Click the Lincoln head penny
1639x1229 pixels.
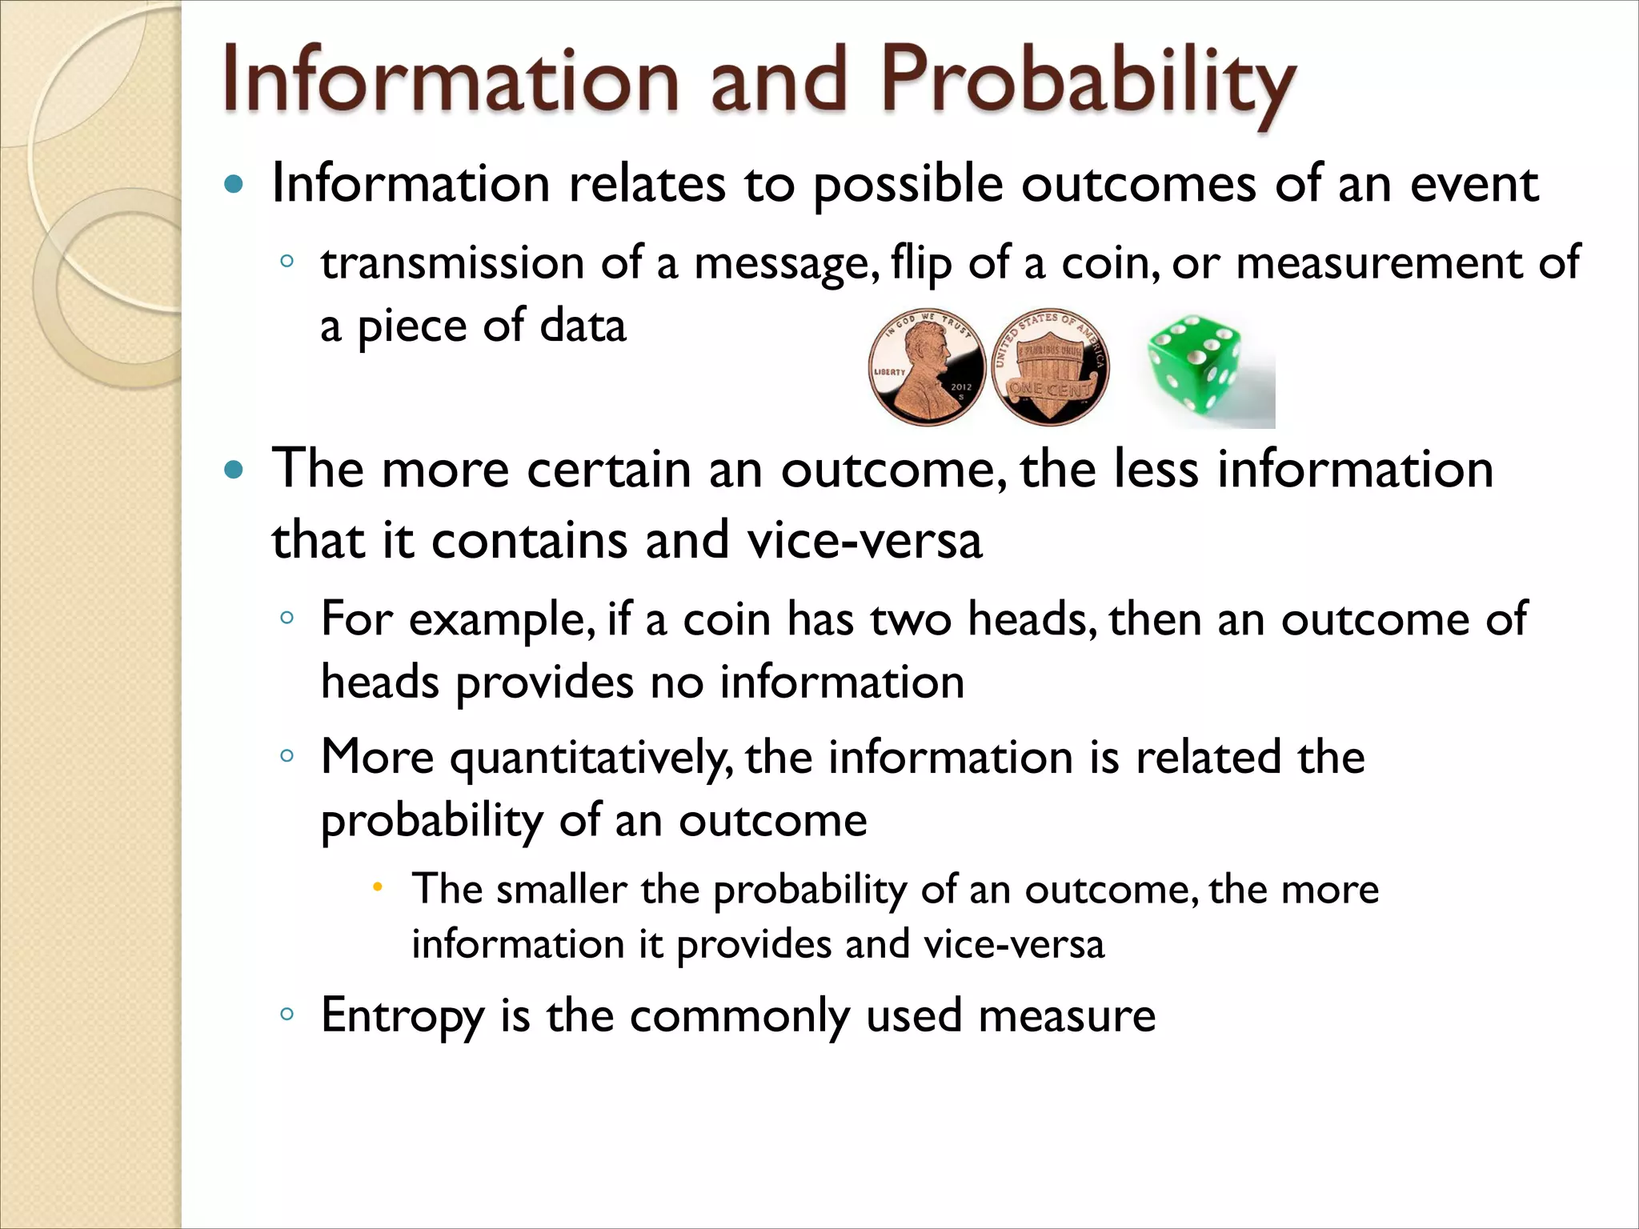[x=926, y=367]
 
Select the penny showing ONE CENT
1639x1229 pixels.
[x=1050, y=367]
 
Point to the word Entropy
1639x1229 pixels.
[x=402, y=1016]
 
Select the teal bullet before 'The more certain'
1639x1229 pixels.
[x=233, y=470]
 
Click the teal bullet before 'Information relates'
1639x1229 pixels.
[x=233, y=185]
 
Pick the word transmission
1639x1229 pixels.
[x=452, y=263]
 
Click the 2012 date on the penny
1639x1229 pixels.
[x=960, y=386]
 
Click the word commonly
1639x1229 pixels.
[x=739, y=1016]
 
